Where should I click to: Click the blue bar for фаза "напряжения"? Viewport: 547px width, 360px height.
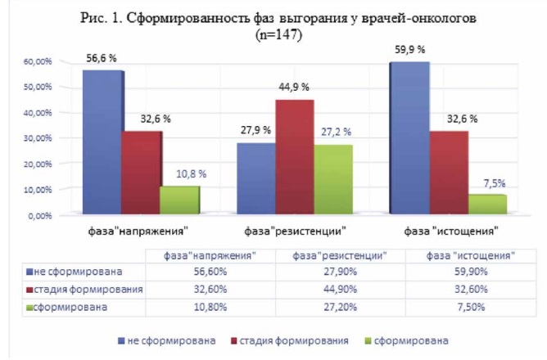pos(102,142)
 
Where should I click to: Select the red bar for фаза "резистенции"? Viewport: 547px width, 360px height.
pos(295,157)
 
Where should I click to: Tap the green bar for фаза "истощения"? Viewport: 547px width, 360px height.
pos(487,205)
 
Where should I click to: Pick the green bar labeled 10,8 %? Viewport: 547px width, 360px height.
pos(179,200)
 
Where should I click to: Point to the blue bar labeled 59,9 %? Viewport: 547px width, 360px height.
pos(409,138)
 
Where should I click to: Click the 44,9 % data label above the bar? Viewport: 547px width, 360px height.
pos(294,87)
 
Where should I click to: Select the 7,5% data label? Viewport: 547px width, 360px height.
pos(495,183)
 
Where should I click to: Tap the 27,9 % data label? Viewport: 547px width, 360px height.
pos(255,130)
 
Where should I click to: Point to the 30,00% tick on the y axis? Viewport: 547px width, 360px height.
pos(38,138)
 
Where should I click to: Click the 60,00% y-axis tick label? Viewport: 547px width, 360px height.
pos(38,61)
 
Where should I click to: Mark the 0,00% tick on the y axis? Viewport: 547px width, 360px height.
pos(40,216)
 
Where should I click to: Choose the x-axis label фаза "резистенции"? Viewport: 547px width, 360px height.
pos(295,231)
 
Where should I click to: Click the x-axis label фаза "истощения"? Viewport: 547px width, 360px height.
pos(451,231)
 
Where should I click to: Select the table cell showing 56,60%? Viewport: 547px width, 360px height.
pos(210,272)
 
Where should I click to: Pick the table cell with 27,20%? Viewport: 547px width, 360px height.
pos(340,307)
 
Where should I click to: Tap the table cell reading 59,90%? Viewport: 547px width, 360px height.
pos(471,272)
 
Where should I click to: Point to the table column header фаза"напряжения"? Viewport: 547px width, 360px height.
pos(210,256)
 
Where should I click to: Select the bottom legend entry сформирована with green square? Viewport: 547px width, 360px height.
pos(406,340)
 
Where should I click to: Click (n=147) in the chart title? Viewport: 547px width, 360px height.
pos(278,35)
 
